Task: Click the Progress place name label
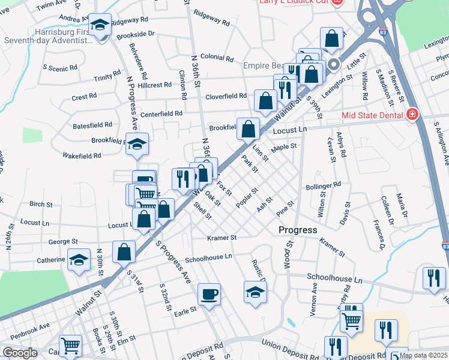point(297,230)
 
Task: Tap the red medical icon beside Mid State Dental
point(412,115)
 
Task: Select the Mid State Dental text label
point(372,115)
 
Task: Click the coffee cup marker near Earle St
point(209,295)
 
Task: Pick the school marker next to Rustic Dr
point(255,292)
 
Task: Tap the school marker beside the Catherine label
point(78,260)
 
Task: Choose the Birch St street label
point(41,205)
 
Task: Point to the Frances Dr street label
point(378,235)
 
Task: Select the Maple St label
point(284,146)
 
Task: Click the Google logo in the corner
point(19,353)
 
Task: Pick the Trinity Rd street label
point(107,77)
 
